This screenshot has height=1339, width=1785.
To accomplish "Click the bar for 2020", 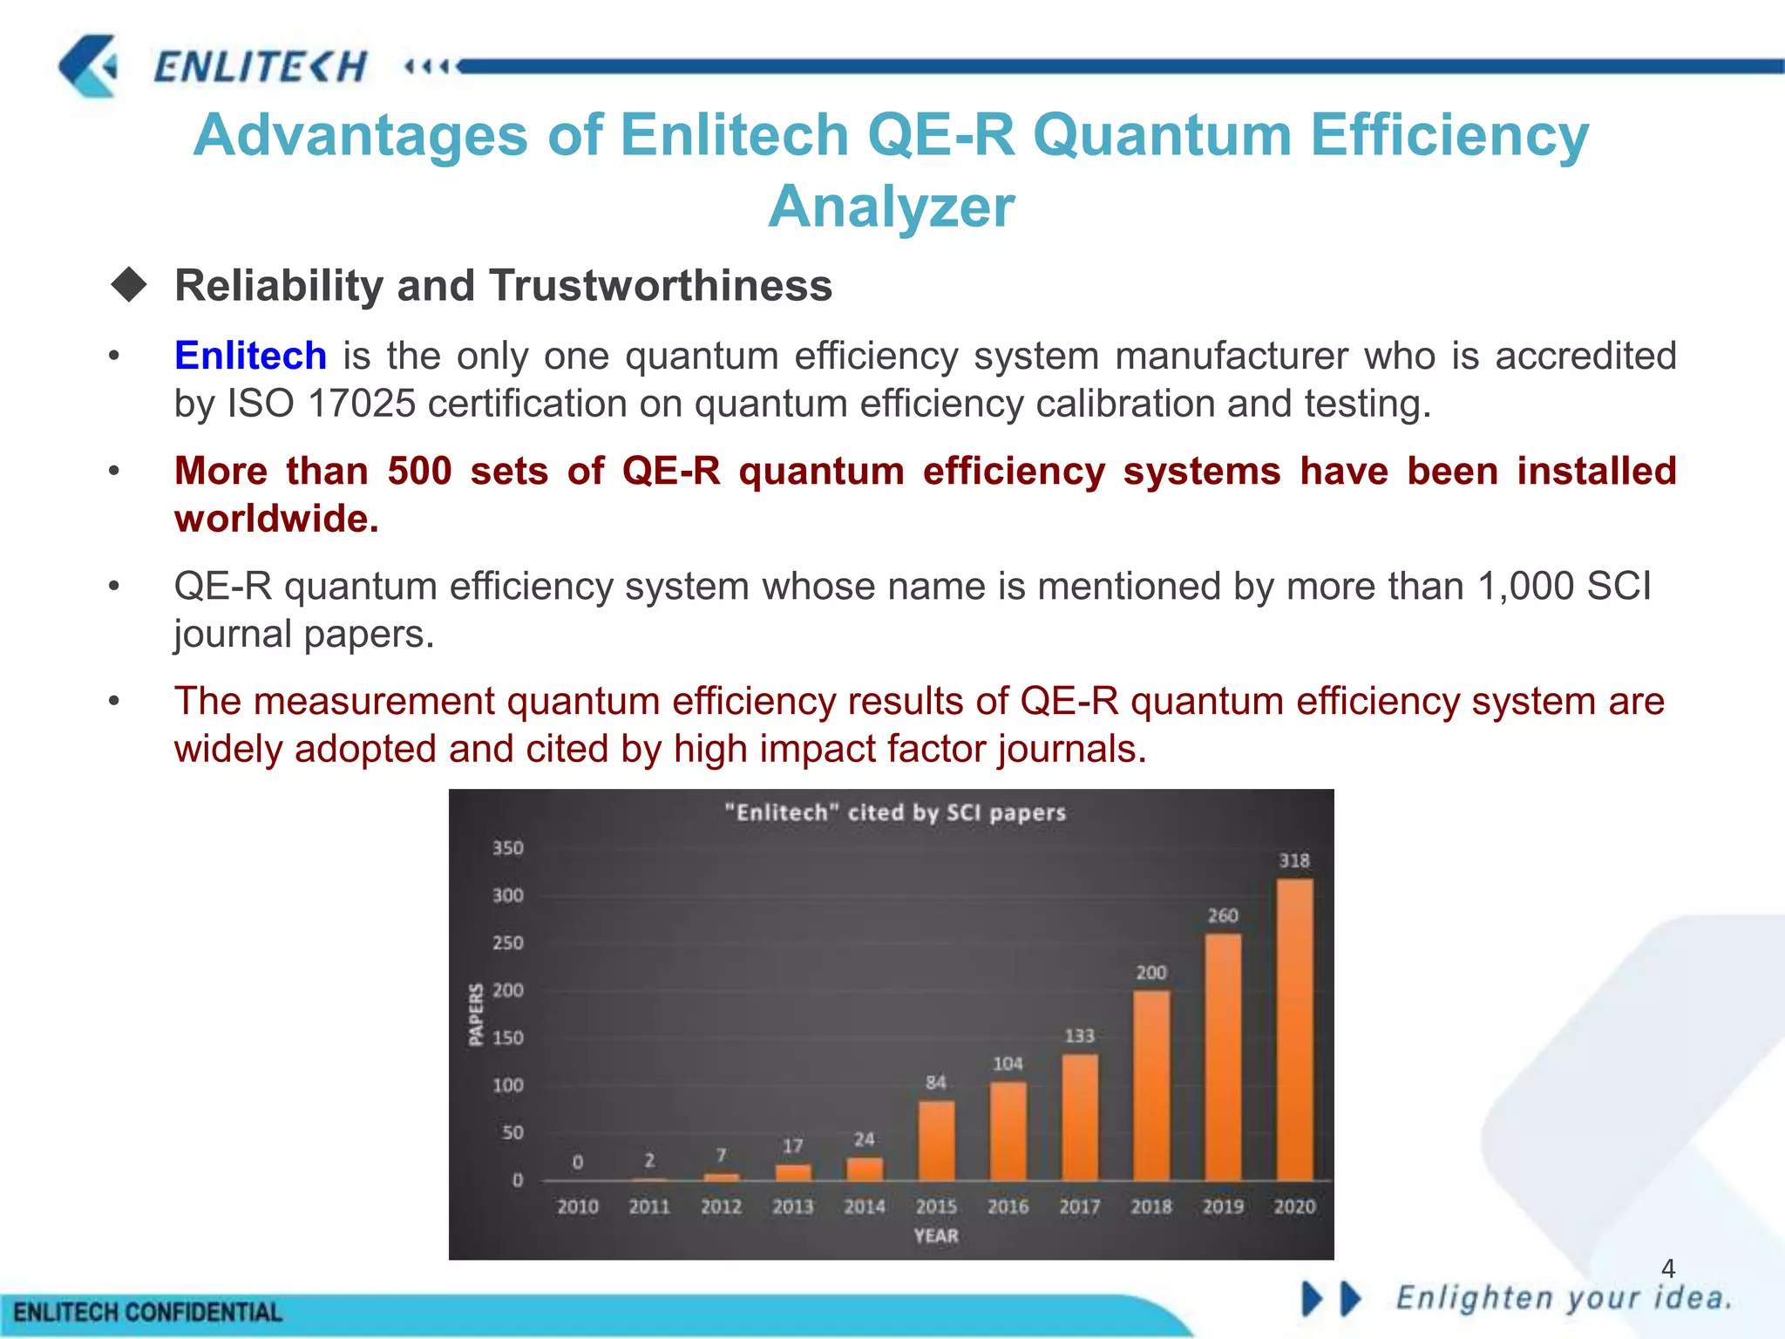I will [1294, 1029].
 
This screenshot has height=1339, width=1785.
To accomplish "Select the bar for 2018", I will [1151, 1085].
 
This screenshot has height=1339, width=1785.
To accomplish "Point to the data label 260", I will [1223, 915].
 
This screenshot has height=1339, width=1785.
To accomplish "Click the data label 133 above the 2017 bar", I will [1079, 1036].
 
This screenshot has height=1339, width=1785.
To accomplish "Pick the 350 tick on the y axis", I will [508, 848].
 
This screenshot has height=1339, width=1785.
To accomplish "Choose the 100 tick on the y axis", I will [508, 1085].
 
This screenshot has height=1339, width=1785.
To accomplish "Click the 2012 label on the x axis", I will [721, 1206].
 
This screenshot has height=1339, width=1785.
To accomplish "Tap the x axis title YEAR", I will [936, 1235].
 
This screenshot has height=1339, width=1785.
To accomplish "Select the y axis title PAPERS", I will [476, 1014].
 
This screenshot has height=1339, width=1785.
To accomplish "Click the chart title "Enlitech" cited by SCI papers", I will [895, 812].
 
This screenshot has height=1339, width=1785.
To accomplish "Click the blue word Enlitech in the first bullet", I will [250, 356].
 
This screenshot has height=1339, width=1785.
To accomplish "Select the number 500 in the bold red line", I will [419, 471].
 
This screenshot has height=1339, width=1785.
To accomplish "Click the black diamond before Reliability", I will [129, 285].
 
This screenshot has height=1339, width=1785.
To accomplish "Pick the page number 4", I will [1668, 1268].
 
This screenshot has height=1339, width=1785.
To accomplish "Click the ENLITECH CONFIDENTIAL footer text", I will [148, 1312].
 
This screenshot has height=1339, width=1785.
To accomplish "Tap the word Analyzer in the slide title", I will [891, 207].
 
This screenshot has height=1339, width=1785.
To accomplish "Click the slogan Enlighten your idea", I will [1564, 1298].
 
